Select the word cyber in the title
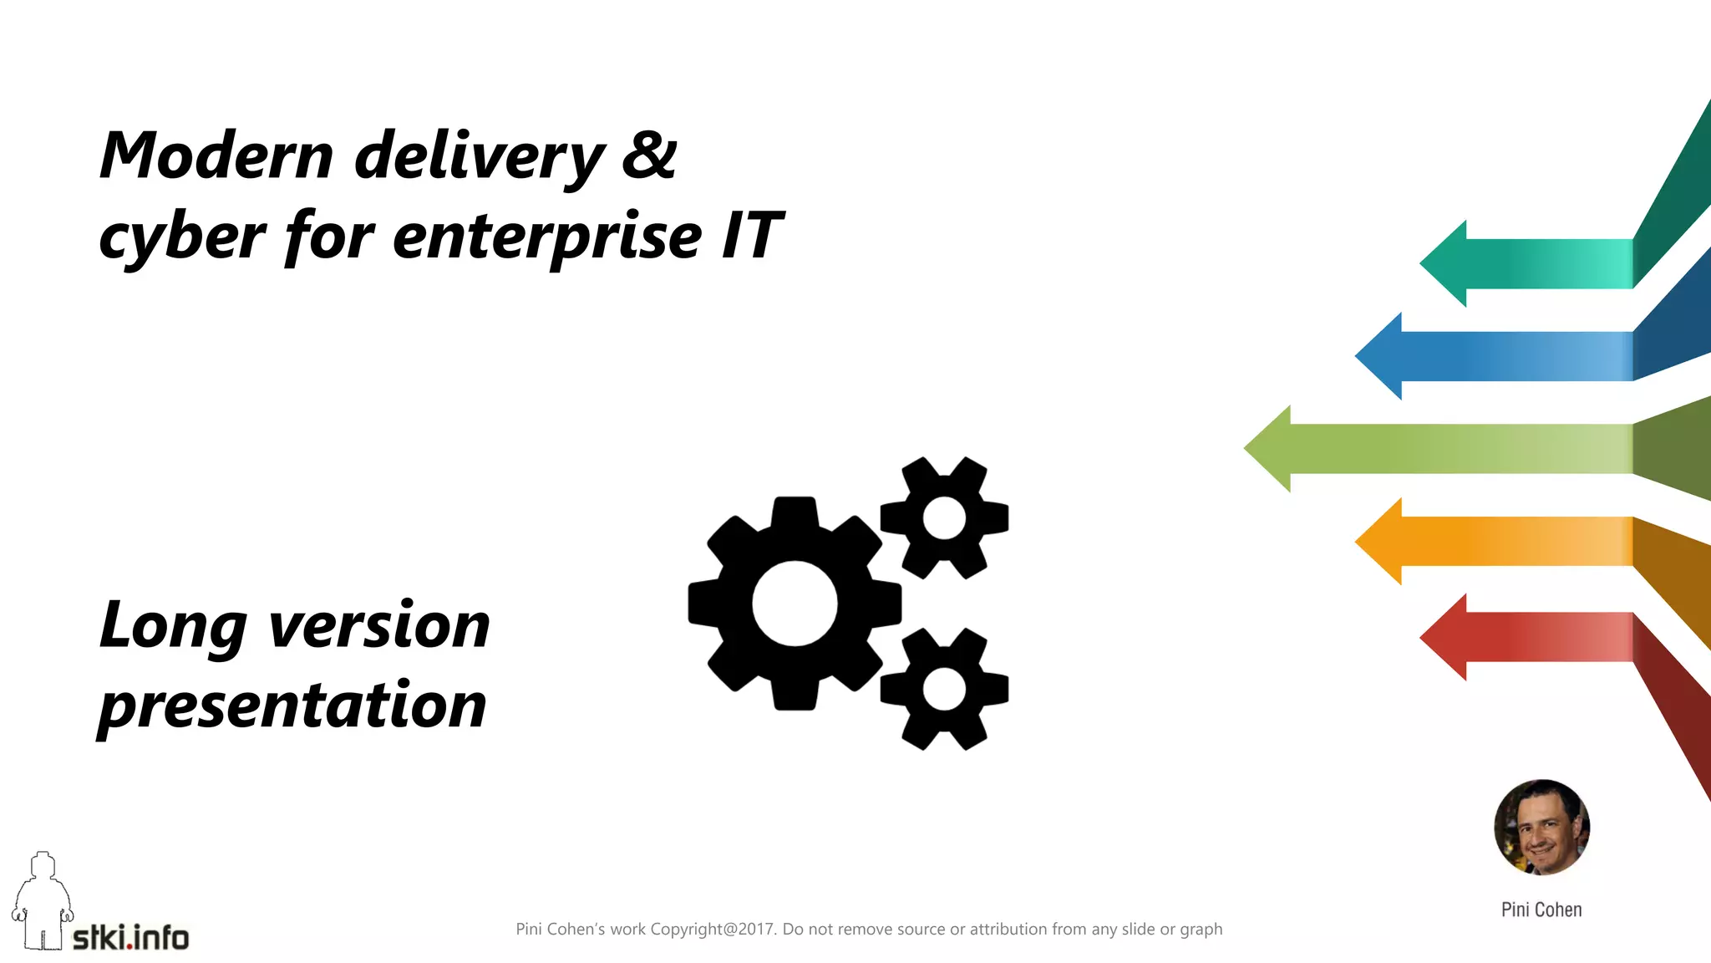(x=182, y=237)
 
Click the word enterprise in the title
(x=547, y=237)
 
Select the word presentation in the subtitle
(x=292, y=705)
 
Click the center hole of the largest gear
(x=794, y=604)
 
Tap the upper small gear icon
(x=944, y=518)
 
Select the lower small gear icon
(x=944, y=690)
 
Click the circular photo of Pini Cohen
(x=1541, y=828)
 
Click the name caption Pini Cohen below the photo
(x=1541, y=909)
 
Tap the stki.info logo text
(x=130, y=938)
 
